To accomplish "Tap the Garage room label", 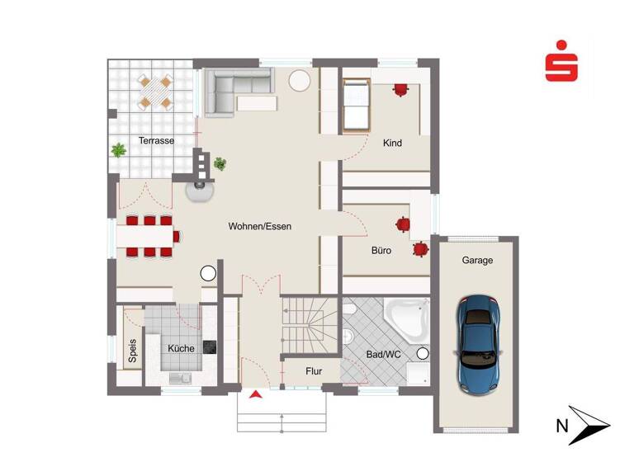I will point(477,261).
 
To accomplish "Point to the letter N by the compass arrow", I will point(562,426).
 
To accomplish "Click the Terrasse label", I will point(156,141).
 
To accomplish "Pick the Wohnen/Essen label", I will point(260,226).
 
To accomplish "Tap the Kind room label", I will point(393,144).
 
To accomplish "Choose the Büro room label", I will point(381,250).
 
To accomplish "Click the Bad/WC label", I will point(382,356).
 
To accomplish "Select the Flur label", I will point(314,371).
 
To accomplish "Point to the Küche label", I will point(181,349).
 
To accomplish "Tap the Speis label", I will point(132,351).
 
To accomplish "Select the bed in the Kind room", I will point(356,105).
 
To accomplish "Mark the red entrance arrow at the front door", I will point(256,395).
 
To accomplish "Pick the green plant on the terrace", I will point(120,150).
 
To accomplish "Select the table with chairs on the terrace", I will point(155,92).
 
